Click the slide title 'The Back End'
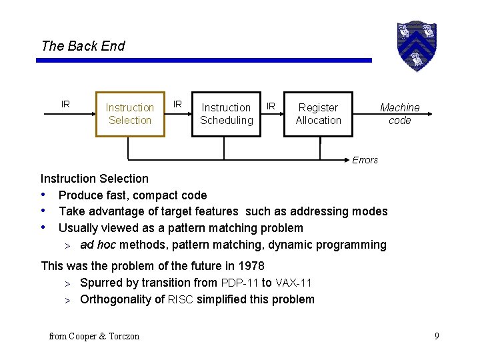click(x=83, y=46)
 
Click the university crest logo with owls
click(x=416, y=45)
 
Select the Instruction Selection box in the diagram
click(x=130, y=114)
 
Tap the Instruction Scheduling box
click(x=227, y=114)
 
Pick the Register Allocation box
click(x=318, y=114)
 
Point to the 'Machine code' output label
click(x=399, y=114)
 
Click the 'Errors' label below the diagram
click(x=365, y=160)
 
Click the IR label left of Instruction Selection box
click(x=65, y=104)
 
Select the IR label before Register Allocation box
click(x=271, y=105)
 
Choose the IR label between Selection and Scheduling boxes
click(x=177, y=104)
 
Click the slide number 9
click(x=437, y=336)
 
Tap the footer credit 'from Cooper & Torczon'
click(x=94, y=337)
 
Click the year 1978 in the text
click(x=251, y=266)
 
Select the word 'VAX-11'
click(x=293, y=283)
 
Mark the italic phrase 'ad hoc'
click(x=97, y=245)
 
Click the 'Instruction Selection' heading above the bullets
click(x=95, y=179)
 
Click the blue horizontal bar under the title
click(x=203, y=61)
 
